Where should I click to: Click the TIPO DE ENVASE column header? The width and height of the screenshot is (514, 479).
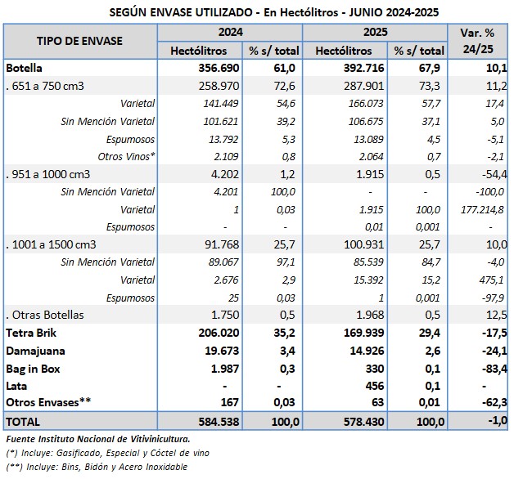(80, 41)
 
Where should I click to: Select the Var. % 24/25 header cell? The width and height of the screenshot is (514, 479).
(478, 41)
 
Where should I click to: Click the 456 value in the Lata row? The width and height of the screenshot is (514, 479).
(374, 385)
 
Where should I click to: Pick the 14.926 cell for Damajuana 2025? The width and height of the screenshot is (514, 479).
(367, 351)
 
